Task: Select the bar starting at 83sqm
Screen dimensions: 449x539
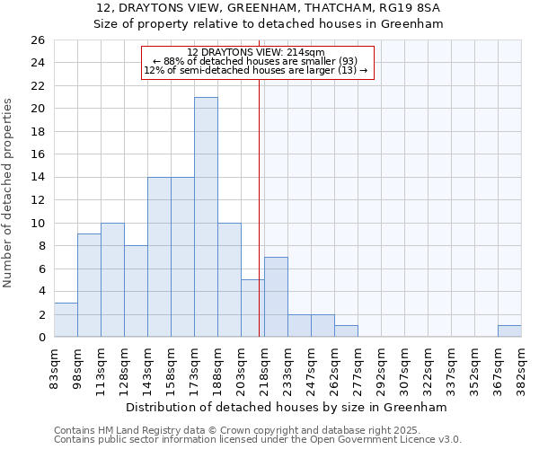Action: (66, 320)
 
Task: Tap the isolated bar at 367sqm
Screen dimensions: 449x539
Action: (509, 331)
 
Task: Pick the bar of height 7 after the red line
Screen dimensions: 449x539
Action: (276, 297)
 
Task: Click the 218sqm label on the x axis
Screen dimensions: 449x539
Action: (264, 366)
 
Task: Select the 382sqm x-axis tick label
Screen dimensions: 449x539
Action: (521, 366)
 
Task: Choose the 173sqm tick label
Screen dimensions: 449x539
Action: (194, 366)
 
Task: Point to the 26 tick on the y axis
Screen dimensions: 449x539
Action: (37, 40)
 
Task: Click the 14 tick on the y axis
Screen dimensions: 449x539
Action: (37, 178)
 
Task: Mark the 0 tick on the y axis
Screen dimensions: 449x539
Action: (40, 338)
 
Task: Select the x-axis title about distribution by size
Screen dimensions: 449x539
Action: (287, 407)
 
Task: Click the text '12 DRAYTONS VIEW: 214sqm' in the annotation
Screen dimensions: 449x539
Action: (256, 53)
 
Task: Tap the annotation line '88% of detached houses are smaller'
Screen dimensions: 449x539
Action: (256, 61)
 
